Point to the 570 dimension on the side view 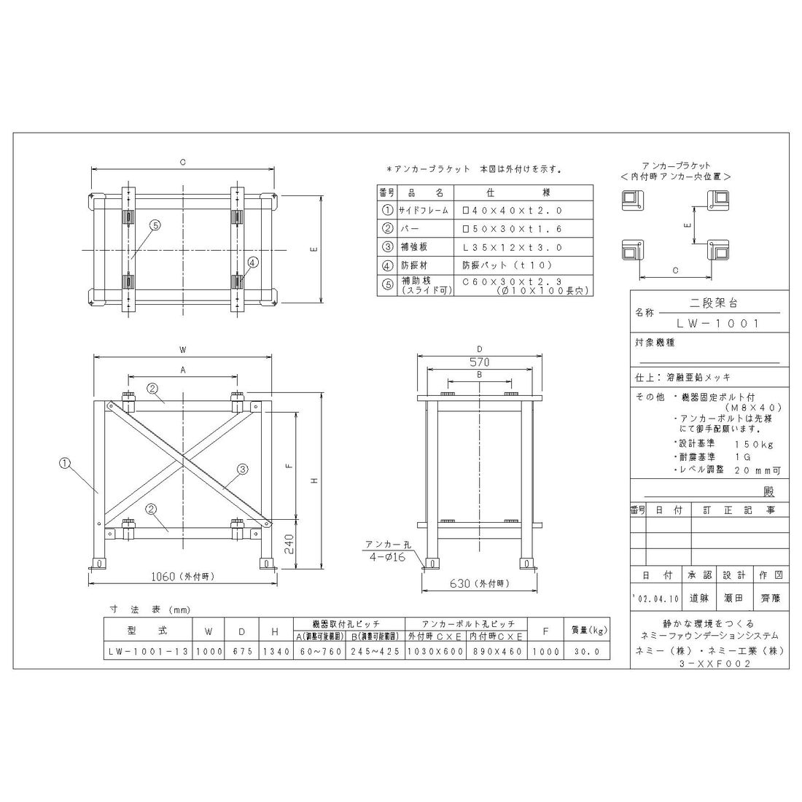[x=479, y=362]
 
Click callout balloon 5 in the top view [x=155, y=226]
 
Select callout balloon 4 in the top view [x=252, y=262]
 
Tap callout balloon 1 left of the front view [x=66, y=461]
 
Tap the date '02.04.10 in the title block [x=656, y=598]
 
